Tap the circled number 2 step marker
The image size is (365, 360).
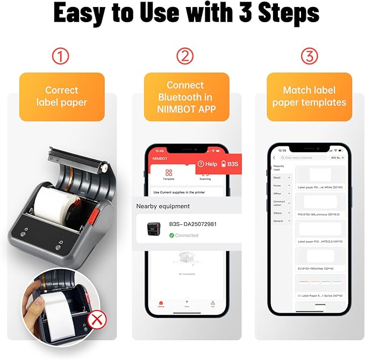[x=185, y=56]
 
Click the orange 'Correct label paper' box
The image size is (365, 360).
[x=62, y=96]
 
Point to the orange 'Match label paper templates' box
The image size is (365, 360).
[x=310, y=96]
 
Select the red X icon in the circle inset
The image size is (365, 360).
[x=97, y=321]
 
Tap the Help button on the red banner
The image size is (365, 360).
[x=207, y=164]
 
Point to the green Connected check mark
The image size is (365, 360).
[x=171, y=235]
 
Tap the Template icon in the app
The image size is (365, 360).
[x=168, y=173]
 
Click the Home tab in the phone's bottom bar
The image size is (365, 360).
[x=161, y=304]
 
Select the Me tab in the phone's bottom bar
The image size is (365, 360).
[x=213, y=304]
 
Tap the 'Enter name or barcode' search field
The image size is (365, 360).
[x=304, y=158]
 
